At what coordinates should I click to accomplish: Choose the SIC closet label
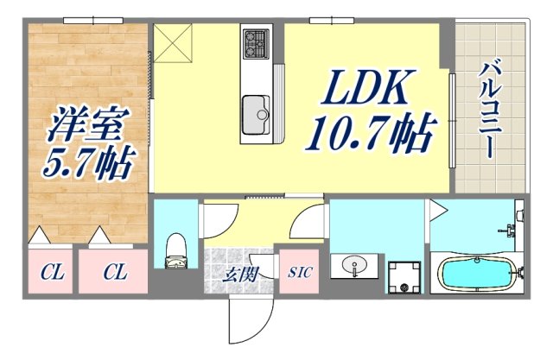[x=299, y=273]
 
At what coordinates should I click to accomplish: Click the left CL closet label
[x=54, y=274]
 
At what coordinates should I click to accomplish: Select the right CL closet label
[x=115, y=274]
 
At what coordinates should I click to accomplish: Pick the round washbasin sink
[x=356, y=266]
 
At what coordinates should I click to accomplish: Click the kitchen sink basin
[x=257, y=113]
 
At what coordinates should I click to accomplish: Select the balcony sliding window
[x=452, y=121]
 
